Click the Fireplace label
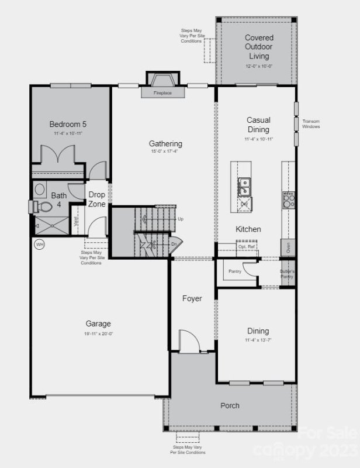(163, 93)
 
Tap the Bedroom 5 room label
(68, 124)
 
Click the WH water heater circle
(40, 245)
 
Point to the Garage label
(98, 324)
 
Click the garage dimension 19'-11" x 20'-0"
(98, 333)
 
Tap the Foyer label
(192, 298)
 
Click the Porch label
(230, 405)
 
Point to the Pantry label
(235, 271)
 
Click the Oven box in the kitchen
(288, 247)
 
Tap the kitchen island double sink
(245, 187)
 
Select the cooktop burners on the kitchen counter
(289, 200)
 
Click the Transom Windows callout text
(311, 124)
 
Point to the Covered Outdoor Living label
(259, 47)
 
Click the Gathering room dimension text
(165, 152)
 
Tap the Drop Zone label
(97, 199)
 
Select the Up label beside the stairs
(181, 219)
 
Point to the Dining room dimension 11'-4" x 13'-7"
(259, 340)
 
